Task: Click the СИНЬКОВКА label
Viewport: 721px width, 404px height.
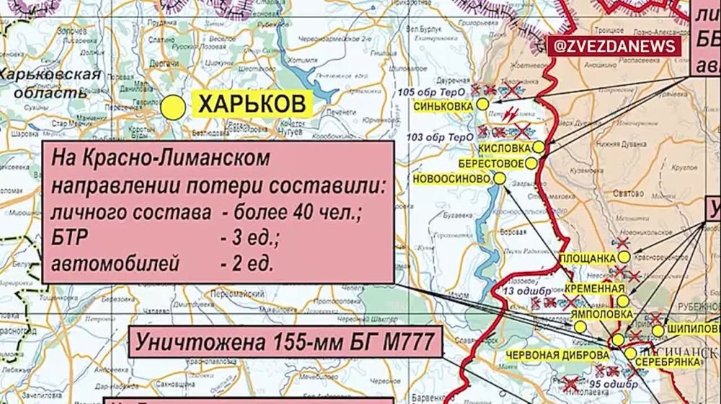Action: tap(443, 105)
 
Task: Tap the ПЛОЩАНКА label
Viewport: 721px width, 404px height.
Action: tap(588, 258)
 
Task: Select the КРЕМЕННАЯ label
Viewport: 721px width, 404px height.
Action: tap(594, 289)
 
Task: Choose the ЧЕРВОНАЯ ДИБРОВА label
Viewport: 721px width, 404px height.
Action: tap(557, 356)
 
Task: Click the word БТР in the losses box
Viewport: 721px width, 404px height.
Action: tap(69, 238)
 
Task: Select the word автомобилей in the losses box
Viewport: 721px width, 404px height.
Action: tap(115, 263)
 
